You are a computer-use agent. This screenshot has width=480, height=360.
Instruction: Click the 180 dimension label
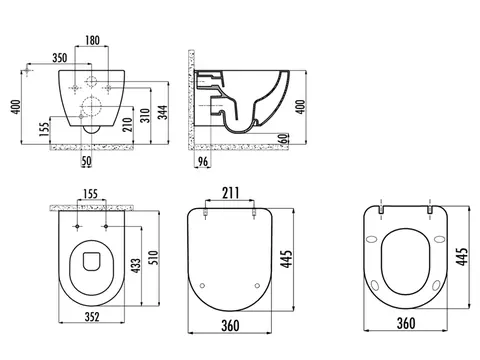(92, 40)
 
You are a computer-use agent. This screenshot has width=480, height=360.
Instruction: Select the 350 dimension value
(60, 58)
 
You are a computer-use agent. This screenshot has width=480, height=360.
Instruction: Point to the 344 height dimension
(163, 112)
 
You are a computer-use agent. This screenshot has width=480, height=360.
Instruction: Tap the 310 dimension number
(145, 115)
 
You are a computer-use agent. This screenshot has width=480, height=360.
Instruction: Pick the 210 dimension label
(128, 125)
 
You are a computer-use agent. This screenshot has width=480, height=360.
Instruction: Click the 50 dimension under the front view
(86, 161)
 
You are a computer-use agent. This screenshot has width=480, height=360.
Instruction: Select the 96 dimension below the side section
(203, 161)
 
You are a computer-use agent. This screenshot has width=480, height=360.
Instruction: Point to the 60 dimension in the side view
(283, 138)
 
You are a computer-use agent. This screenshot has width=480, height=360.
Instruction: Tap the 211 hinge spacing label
(231, 193)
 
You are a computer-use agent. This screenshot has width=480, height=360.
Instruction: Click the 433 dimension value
(136, 266)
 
